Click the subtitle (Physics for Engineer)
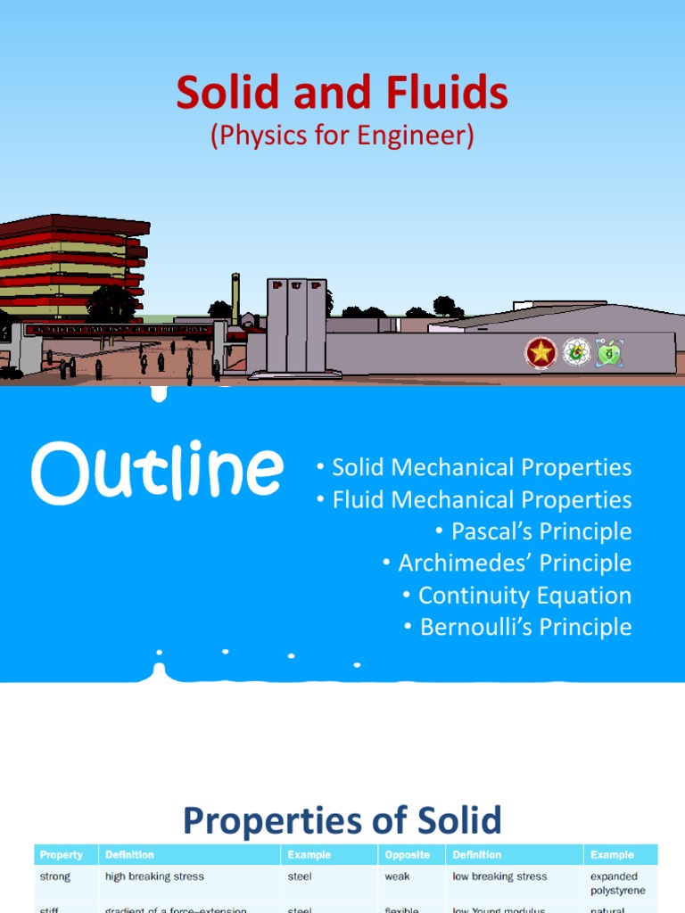(342, 136)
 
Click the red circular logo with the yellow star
(541, 353)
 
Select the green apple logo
(608, 352)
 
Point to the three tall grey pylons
(296, 324)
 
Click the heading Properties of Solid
(342, 820)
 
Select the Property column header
(62, 855)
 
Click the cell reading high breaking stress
(154, 876)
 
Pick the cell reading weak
(397, 876)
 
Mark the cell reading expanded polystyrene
(617, 884)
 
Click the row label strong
(55, 876)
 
